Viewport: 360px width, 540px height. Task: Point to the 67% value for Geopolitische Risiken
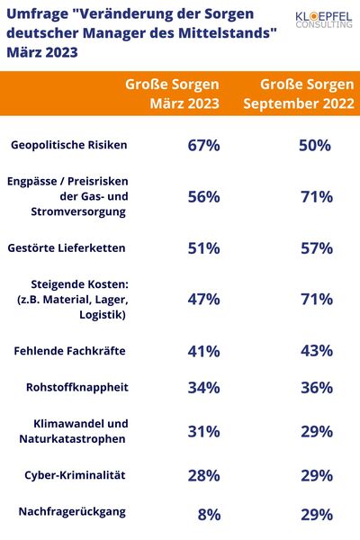pyautogui.click(x=203, y=146)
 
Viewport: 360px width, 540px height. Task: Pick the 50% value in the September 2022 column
pyautogui.click(x=316, y=146)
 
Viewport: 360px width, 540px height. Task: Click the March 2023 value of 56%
pyautogui.click(x=203, y=196)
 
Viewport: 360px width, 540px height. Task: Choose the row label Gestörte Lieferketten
pyautogui.click(x=78, y=247)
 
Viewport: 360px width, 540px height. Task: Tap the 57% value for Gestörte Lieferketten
pyautogui.click(x=316, y=247)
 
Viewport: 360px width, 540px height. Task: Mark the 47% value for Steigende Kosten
pyautogui.click(x=203, y=299)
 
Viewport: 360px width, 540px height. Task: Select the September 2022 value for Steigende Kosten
pyautogui.click(x=316, y=299)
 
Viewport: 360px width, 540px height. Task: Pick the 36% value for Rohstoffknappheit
pyautogui.click(x=316, y=388)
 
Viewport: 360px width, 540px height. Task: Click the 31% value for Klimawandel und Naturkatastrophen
pyautogui.click(x=203, y=431)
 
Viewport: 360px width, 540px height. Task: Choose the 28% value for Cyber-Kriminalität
pyautogui.click(x=203, y=474)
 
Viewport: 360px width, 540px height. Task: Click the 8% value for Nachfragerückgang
pyautogui.click(x=208, y=515)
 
